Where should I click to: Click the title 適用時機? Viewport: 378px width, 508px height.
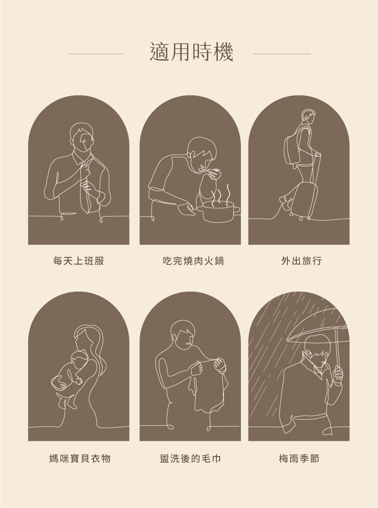pyautogui.click(x=191, y=52)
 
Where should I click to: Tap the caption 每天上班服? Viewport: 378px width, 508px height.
pyautogui.click(x=78, y=261)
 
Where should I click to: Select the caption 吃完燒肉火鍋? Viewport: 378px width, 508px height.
pyautogui.click(x=194, y=261)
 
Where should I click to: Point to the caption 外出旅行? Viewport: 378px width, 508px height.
pyautogui.click(x=301, y=261)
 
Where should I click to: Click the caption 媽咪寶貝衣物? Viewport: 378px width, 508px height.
pyautogui.click(x=80, y=458)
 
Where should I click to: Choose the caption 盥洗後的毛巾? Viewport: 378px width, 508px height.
pyautogui.click(x=190, y=458)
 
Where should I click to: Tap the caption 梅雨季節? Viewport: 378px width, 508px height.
pyautogui.click(x=299, y=458)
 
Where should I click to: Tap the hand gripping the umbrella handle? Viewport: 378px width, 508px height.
pyautogui.click(x=338, y=374)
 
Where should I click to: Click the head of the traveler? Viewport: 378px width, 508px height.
pyautogui.click(x=308, y=117)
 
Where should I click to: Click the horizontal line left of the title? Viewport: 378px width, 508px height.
pyautogui.click(x=95, y=54)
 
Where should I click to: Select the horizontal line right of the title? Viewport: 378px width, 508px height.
pyautogui.click(x=282, y=54)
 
